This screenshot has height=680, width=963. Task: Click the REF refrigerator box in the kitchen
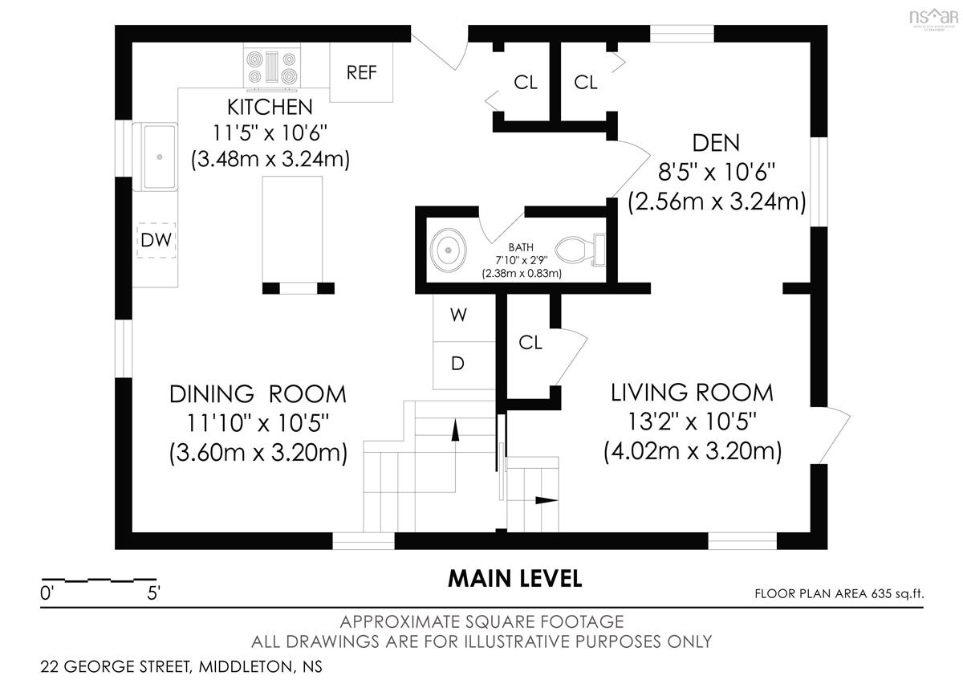tap(361, 72)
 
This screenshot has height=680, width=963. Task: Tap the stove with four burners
tap(272, 67)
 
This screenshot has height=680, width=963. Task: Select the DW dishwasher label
tap(156, 240)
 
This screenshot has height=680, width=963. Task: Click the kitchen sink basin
tap(160, 157)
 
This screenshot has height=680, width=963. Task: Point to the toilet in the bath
tap(580, 250)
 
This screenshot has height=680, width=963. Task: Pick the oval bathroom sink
tap(448, 250)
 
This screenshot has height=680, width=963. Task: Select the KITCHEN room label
tap(270, 107)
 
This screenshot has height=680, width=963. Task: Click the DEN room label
tap(716, 143)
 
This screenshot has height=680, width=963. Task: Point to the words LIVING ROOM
tap(692, 393)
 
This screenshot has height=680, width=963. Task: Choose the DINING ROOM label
tap(258, 394)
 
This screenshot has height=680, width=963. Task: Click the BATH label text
tap(521, 247)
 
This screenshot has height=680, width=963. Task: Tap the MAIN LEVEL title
tap(514, 579)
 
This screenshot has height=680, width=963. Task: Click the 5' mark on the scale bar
tap(153, 593)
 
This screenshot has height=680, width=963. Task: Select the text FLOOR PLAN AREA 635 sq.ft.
tap(839, 594)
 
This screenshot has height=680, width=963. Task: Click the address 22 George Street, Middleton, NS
tap(181, 666)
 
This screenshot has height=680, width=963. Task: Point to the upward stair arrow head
tap(455, 430)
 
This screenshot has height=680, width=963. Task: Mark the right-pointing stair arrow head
tap(547, 500)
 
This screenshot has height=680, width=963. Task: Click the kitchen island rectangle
tap(292, 230)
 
